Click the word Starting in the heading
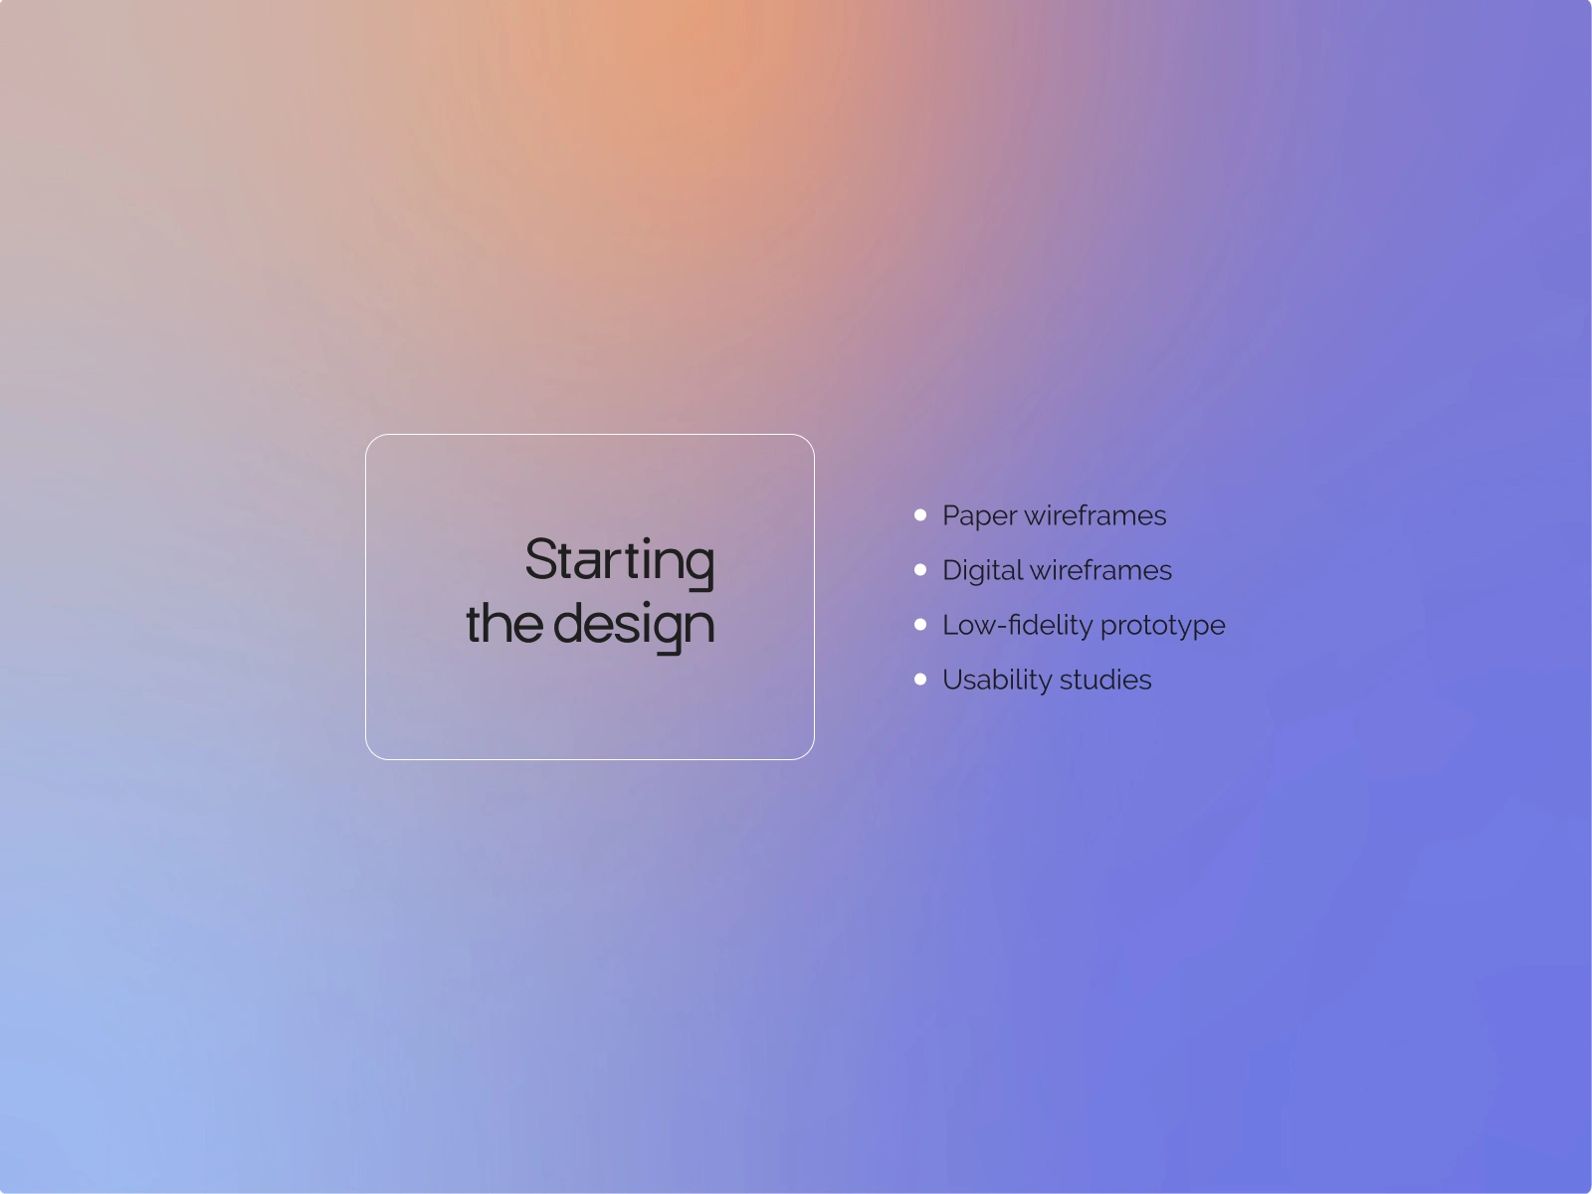[x=620, y=563]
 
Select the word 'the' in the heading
[x=504, y=622]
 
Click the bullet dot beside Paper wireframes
[x=920, y=514]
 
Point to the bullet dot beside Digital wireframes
[x=920, y=570]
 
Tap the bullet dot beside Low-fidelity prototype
[x=920, y=624]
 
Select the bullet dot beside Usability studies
[x=920, y=680]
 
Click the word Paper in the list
[x=980, y=516]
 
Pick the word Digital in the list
[x=983, y=571]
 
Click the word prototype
[x=1162, y=627]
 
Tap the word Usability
[x=997, y=681]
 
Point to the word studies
[x=1105, y=680]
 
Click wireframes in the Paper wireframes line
[x=1095, y=515]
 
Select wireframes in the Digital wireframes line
[x=1101, y=570]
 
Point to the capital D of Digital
[x=953, y=570]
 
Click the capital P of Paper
[x=951, y=515]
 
